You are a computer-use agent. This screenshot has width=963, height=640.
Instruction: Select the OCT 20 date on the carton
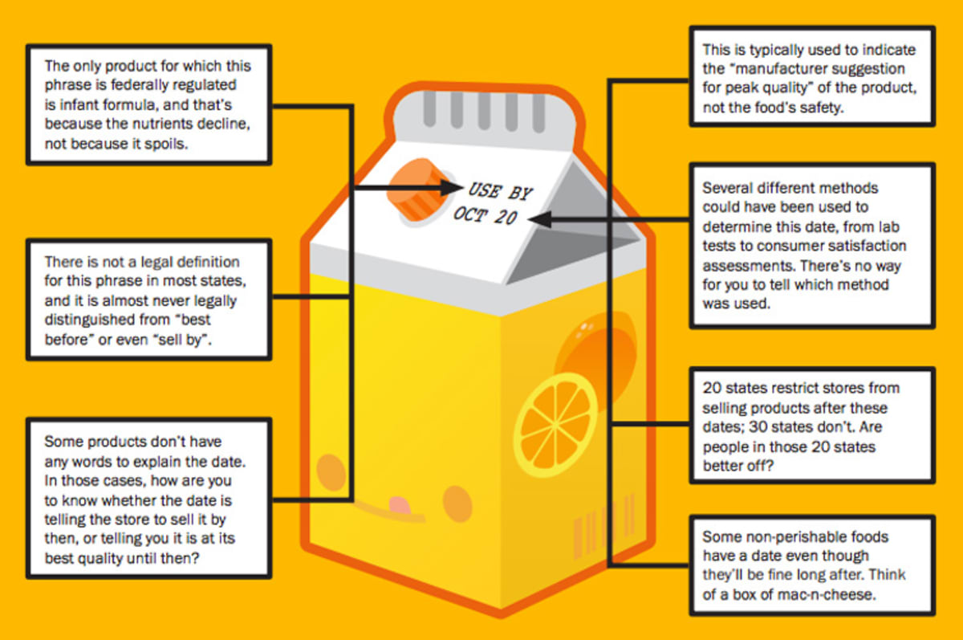click(485, 215)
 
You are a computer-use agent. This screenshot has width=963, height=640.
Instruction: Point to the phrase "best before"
click(191, 320)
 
